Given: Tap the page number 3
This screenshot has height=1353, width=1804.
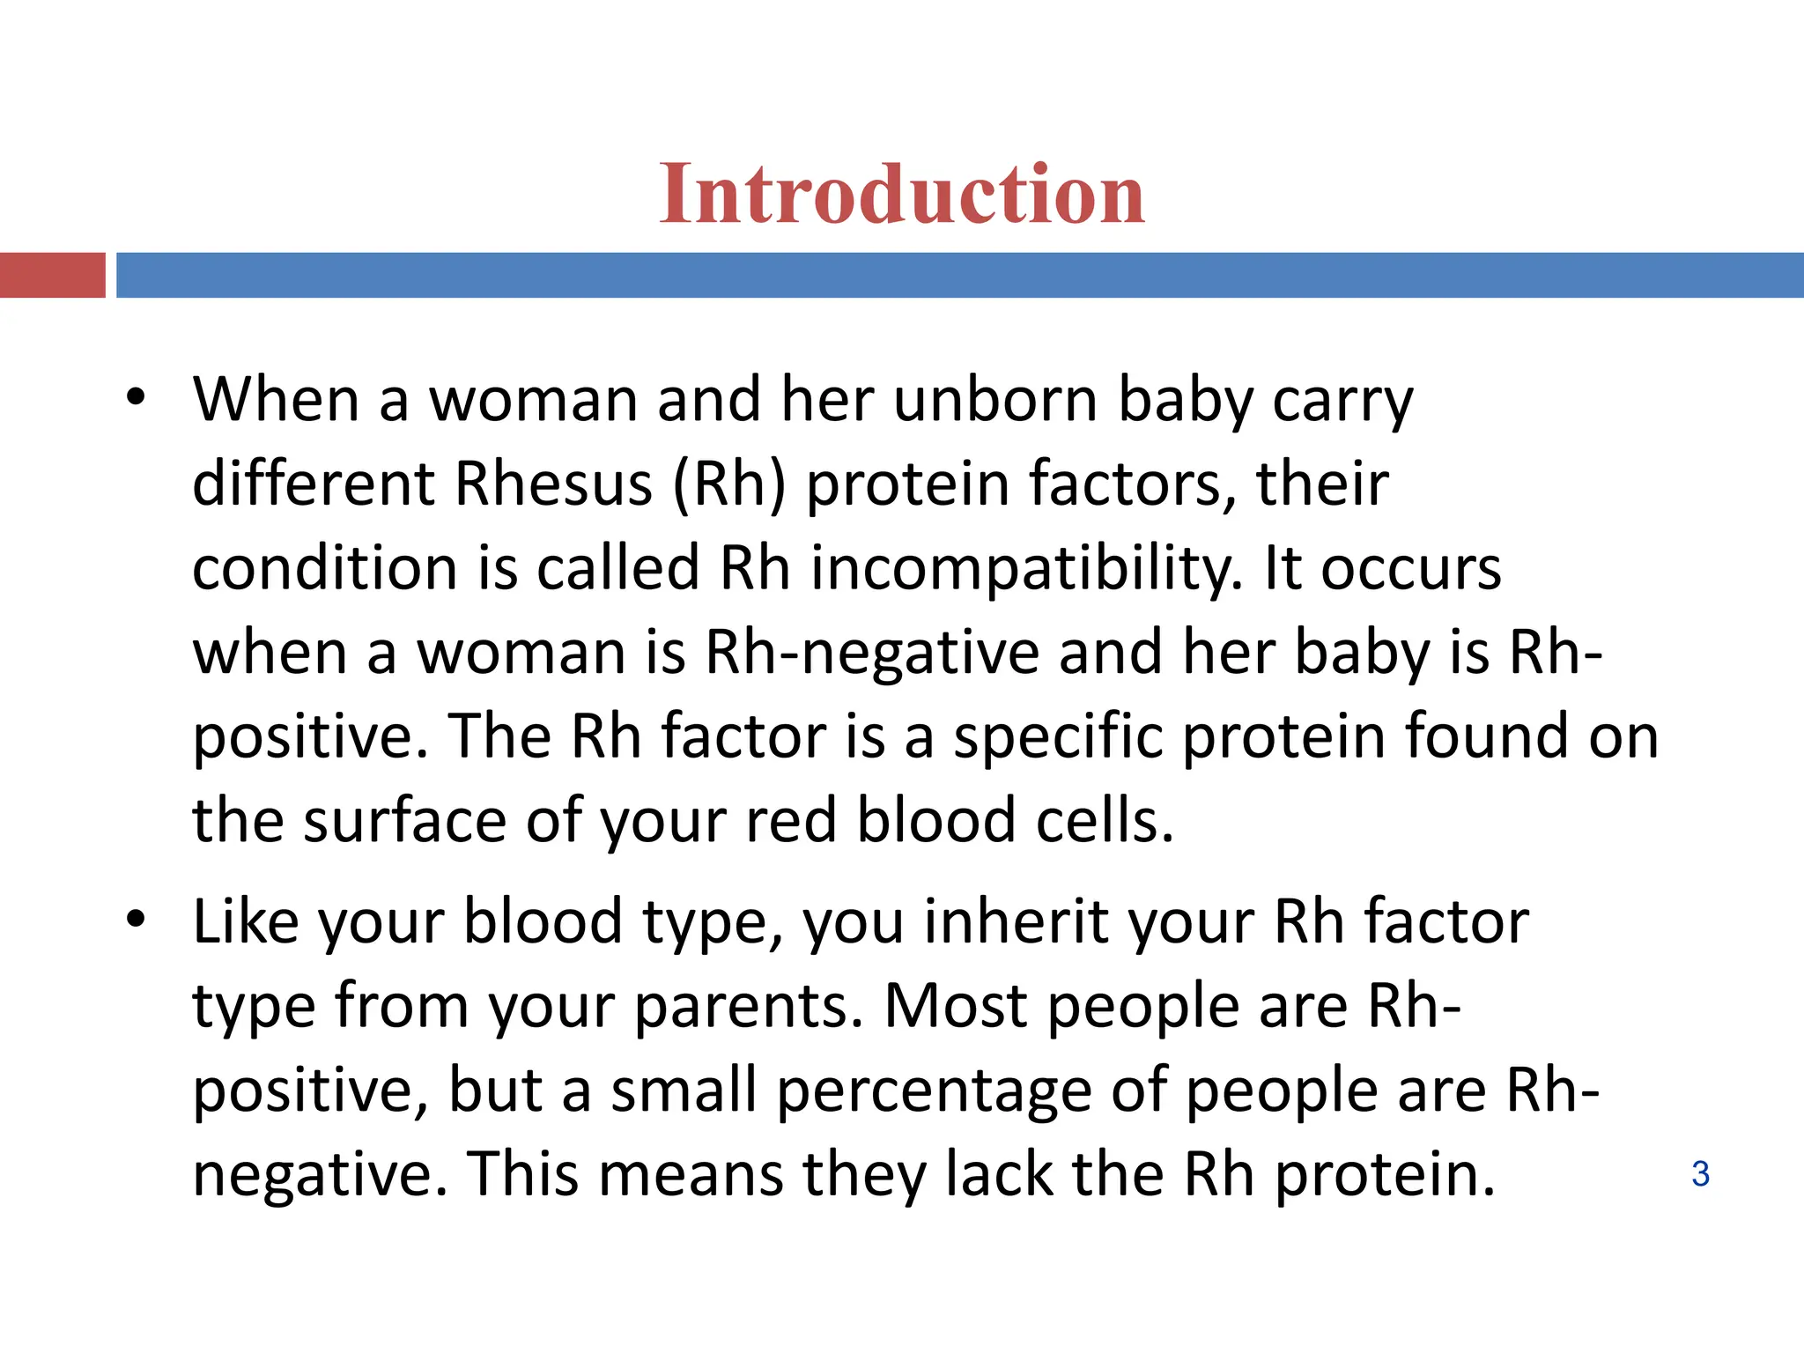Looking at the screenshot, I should pyautogui.click(x=1700, y=1174).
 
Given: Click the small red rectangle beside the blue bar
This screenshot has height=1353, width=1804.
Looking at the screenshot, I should pyautogui.click(x=52, y=275).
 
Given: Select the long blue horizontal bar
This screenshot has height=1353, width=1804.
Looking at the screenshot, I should pyautogui.click(x=959, y=275).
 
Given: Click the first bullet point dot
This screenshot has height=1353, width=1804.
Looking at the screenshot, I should pyautogui.click(x=135, y=398).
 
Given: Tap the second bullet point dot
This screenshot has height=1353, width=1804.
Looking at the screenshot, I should pyautogui.click(x=135, y=920).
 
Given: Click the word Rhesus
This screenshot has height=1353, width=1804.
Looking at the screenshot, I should pyautogui.click(x=554, y=484).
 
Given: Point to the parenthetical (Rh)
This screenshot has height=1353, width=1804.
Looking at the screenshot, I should pyautogui.click(x=729, y=484).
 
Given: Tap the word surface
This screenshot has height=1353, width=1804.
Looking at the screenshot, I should pyautogui.click(x=404, y=820).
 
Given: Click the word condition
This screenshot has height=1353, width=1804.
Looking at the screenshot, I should pyautogui.click(x=324, y=568).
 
